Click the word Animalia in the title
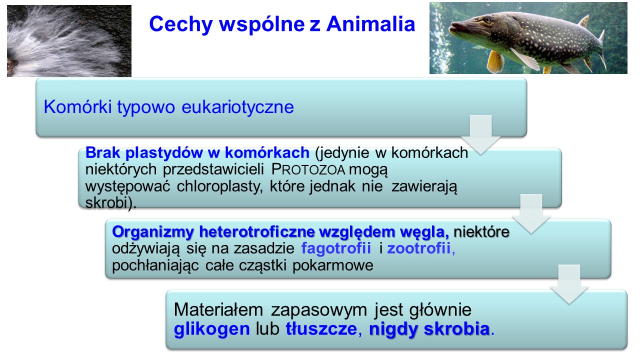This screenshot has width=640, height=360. click(x=370, y=23)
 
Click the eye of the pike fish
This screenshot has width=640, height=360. click(x=487, y=19)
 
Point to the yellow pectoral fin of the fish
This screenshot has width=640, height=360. click(x=495, y=60)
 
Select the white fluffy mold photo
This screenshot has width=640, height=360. click(x=69, y=41)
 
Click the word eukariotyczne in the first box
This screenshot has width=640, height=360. click(x=237, y=107)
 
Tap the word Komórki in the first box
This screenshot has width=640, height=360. click(x=77, y=106)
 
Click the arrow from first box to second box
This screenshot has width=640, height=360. click(x=481, y=135)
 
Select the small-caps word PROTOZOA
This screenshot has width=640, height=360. click(x=308, y=169)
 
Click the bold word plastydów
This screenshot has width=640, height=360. click(x=164, y=153)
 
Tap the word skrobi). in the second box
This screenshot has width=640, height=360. click(x=111, y=203)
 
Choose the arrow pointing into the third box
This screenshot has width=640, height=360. click(x=531, y=214)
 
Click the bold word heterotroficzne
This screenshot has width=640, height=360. click(x=256, y=231)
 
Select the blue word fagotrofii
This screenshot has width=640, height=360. click(x=336, y=247)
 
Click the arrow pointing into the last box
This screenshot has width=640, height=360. click(x=569, y=284)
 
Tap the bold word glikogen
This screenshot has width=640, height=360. click(x=211, y=329)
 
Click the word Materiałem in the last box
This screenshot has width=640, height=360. click(x=218, y=309)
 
